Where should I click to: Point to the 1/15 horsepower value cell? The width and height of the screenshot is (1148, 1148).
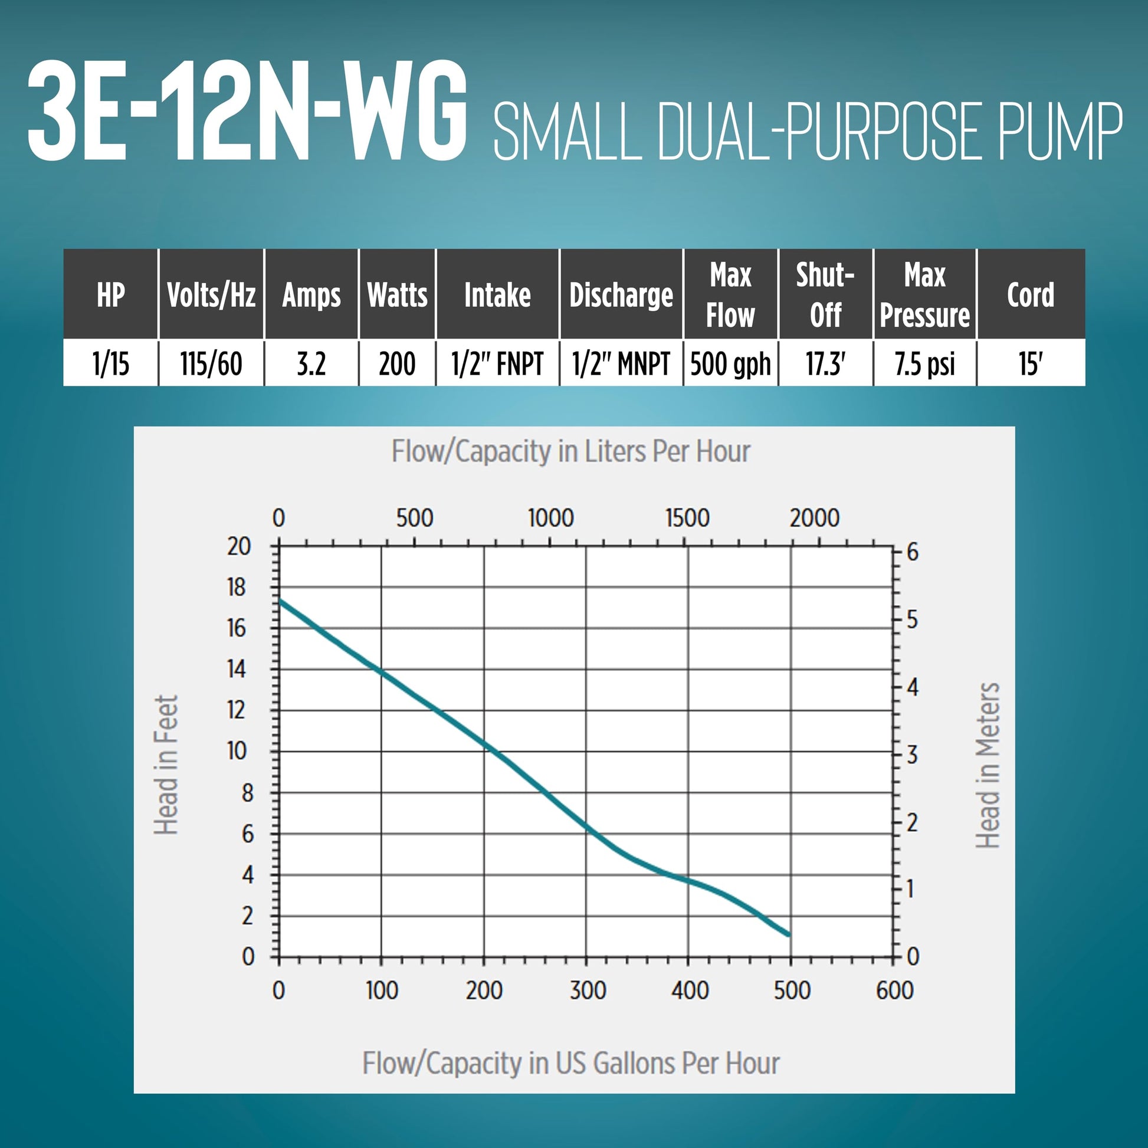click(110, 363)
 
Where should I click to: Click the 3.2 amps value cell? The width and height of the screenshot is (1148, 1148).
click(311, 363)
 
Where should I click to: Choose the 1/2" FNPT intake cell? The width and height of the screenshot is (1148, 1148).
click(497, 363)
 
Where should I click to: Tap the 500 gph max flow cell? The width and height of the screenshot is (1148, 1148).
click(730, 363)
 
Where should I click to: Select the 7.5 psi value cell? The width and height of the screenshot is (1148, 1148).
click(924, 363)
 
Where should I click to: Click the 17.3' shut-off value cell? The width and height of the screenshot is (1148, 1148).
click(825, 363)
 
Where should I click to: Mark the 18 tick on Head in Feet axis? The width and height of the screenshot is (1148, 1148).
click(237, 587)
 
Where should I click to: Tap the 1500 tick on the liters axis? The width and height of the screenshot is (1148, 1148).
click(687, 518)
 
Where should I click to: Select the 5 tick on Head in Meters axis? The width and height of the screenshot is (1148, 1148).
click(912, 620)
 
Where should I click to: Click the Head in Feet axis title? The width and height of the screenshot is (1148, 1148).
click(166, 765)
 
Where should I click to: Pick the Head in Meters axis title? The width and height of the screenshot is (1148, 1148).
click(988, 765)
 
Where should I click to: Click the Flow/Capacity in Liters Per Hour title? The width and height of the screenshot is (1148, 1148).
click(570, 452)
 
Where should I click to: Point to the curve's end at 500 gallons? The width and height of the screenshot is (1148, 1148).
click(790, 935)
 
